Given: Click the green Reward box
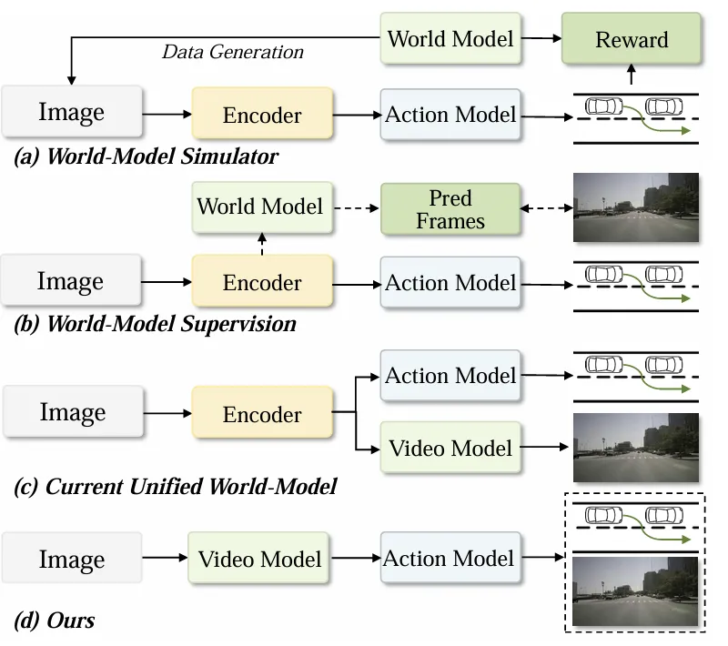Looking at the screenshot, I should point(632,39).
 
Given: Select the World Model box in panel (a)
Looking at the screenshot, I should point(450,38).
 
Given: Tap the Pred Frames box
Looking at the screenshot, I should point(450,208).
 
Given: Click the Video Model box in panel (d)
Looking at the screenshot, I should point(260,558).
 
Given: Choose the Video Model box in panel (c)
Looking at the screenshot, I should point(450,448).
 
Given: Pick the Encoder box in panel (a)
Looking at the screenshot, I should point(262,115).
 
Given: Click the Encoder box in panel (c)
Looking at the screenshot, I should point(262,414).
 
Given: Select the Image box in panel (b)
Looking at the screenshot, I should point(71,281).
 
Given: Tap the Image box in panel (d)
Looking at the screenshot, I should point(72,558).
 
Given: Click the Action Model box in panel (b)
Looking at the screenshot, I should point(450,282).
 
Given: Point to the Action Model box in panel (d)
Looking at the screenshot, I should point(449,558).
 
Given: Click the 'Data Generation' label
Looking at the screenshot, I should point(232,52).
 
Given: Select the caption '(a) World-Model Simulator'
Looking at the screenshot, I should point(147,156).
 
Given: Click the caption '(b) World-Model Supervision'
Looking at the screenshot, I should point(156,323).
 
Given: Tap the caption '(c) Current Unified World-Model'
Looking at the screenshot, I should point(176,487).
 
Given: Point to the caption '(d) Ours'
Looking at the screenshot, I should point(56,621).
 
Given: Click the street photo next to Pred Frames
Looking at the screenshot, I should point(635,207).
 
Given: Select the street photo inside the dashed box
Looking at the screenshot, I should point(634,591).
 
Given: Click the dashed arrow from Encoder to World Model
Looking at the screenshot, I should point(261,243).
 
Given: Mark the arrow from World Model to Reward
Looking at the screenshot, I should point(541,38).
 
